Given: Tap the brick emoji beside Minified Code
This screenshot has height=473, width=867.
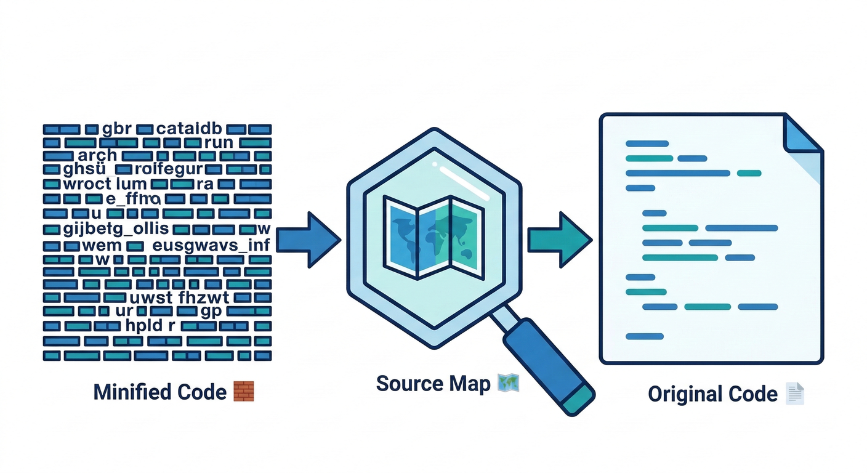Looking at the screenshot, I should point(244,391).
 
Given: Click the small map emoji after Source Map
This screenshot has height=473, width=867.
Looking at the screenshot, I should point(508,383).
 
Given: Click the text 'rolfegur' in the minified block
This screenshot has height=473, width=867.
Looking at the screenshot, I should point(169,169).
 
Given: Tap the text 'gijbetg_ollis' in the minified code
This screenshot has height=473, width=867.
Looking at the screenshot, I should point(116,229).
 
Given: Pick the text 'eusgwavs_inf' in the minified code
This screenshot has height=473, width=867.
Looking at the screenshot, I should point(211,246).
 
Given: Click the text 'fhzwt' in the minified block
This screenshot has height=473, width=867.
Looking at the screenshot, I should point(203,298).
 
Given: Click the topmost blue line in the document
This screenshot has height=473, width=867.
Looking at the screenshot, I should point(647,144).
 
